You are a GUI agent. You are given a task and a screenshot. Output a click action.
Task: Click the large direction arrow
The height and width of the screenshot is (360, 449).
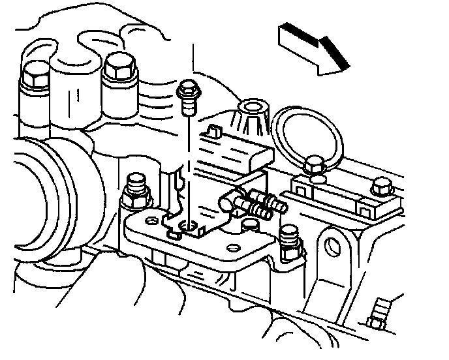click(312, 48)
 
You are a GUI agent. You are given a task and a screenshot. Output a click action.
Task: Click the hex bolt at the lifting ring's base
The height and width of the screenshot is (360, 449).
click(315, 167)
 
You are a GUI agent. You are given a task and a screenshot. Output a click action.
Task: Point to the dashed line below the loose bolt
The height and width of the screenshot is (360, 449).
click(187, 163)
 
